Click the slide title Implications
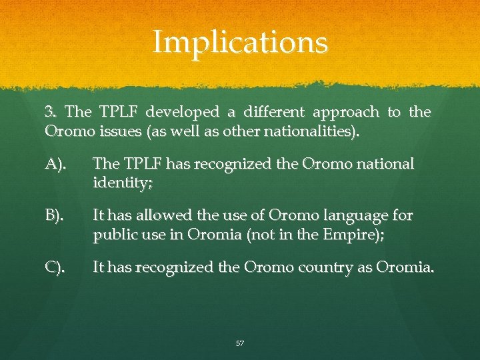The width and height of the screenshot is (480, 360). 240,43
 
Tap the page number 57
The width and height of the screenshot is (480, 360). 240,343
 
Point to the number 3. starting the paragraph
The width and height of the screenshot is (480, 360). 52,112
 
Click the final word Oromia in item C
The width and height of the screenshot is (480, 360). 404,267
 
